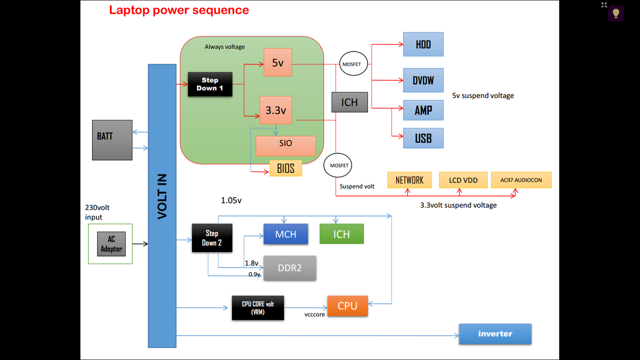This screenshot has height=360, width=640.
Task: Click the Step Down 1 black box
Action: pos(210,84)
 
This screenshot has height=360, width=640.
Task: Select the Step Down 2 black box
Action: pos(212,238)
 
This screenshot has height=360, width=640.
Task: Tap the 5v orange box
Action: pos(277,63)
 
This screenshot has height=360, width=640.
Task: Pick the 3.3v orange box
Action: pos(275,110)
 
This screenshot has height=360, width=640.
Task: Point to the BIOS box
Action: pos(285,168)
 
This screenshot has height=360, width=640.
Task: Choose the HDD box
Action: pos(423,44)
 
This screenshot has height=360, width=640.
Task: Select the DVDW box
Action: pos(423,80)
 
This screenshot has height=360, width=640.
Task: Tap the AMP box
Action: pos(423,110)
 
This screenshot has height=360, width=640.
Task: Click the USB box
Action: pos(423,138)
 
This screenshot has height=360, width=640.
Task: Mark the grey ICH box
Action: pos(349,102)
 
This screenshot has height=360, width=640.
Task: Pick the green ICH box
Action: pos(341,234)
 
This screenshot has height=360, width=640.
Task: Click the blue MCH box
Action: pos(285,234)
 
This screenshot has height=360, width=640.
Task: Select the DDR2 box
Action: pos(289,268)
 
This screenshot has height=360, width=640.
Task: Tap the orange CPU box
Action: pos(347,305)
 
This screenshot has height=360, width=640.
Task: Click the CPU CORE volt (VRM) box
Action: pos(257,307)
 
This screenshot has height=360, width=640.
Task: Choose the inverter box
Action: pos(495,333)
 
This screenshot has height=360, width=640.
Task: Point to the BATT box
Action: pos(112,140)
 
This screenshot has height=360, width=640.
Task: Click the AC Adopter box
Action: pos(111,244)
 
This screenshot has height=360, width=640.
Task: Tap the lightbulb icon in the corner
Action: pos(616,13)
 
